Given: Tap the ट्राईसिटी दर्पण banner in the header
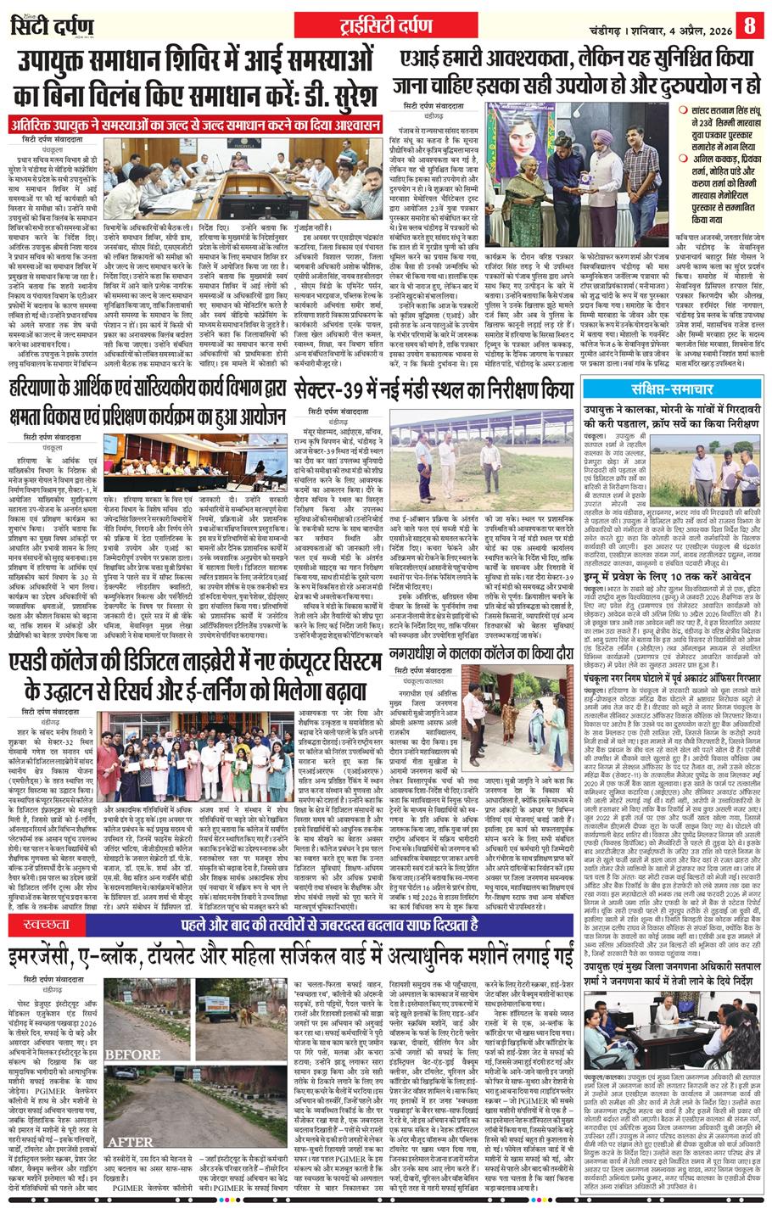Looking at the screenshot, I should pos(386,22).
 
